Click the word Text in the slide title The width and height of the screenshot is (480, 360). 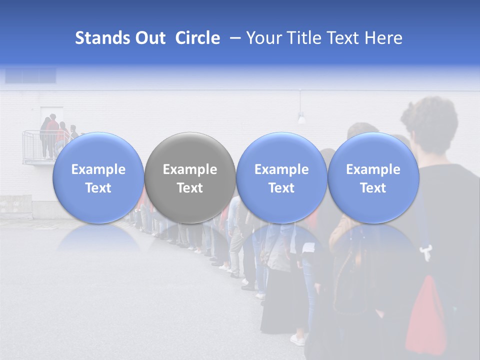point(344,38)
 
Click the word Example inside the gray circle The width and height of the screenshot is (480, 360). point(190,169)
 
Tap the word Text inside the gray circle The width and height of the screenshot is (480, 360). point(190,188)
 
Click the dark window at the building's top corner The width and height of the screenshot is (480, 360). point(30,75)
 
